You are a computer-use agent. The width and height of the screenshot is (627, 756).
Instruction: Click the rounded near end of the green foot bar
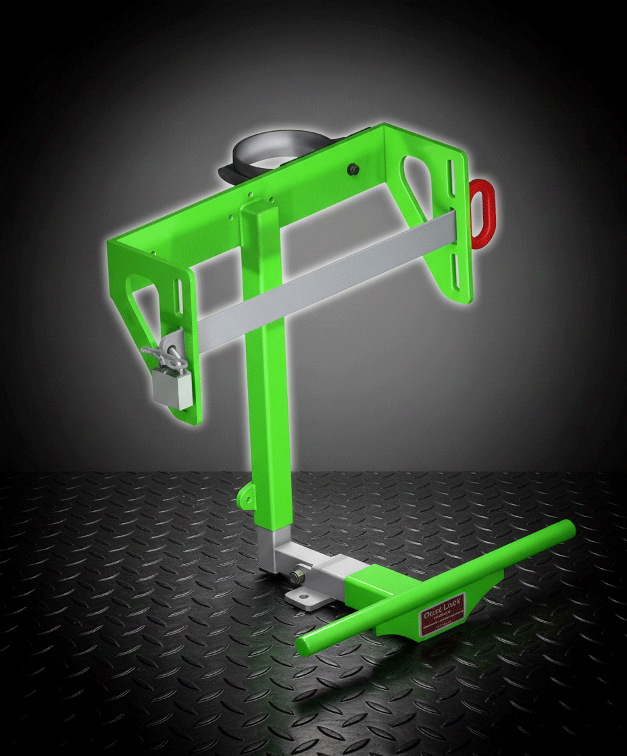pos(308,645)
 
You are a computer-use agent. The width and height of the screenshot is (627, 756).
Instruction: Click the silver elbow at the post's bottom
pos(277,550)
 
